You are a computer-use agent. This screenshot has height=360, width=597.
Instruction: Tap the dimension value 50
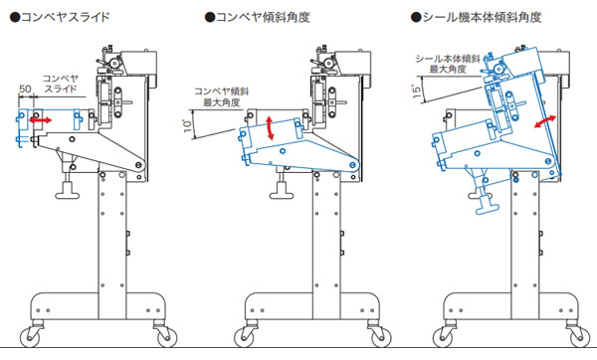(25, 89)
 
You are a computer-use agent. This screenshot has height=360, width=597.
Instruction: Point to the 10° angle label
(188, 125)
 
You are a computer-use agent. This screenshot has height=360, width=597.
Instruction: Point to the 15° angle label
(417, 91)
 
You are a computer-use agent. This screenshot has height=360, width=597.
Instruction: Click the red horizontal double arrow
(41, 120)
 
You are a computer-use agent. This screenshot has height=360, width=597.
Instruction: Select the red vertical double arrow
(270, 128)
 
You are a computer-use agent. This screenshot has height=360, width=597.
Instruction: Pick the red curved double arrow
(545, 121)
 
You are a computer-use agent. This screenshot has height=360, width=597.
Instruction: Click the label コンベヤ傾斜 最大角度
(222, 96)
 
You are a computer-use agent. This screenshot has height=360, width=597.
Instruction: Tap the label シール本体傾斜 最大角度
(448, 64)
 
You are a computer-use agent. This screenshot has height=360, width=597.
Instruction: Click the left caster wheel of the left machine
(30, 337)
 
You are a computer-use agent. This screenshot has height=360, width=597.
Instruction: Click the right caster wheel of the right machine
(580, 337)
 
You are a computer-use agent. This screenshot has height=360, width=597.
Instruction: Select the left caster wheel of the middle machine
(244, 337)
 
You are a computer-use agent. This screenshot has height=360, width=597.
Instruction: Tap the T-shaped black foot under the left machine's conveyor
(68, 189)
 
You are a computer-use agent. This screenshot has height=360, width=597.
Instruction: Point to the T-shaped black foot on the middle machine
(282, 189)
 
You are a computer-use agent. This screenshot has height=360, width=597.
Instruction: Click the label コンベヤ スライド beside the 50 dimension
(61, 84)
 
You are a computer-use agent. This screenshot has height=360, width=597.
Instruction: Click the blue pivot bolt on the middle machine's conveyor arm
(354, 165)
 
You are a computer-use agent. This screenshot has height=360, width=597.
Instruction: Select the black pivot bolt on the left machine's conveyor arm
(138, 165)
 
